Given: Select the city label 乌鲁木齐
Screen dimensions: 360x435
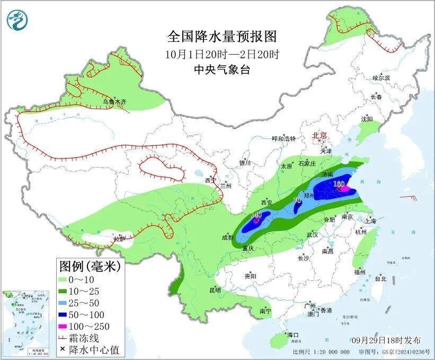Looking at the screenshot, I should point(115,101).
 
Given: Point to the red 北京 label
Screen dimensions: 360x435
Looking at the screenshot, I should point(320,135).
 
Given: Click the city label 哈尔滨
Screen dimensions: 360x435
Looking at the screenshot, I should point(380,78).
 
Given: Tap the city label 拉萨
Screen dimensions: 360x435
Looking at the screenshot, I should point(120,239).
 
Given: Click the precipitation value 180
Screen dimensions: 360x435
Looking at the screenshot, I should point(339,184).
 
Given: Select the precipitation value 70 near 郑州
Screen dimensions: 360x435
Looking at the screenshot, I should point(297,201).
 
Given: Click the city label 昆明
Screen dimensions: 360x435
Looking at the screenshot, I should point(215,290).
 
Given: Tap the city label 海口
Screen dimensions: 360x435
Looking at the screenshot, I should point(293,335).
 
